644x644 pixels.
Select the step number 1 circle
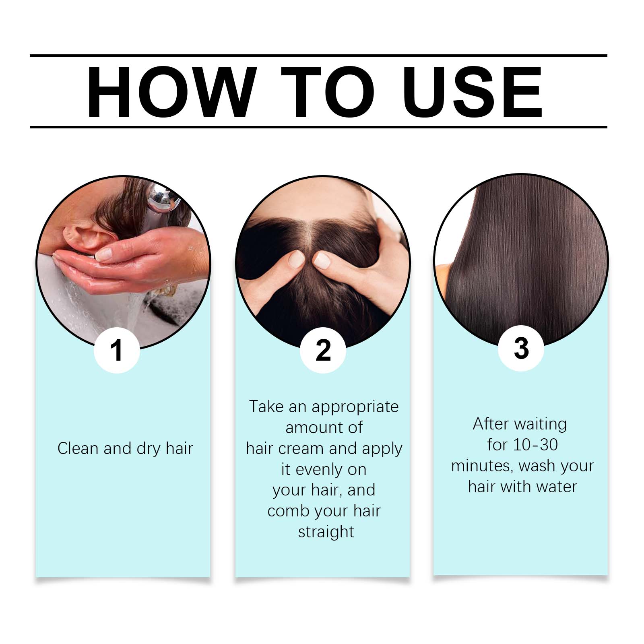[x=117, y=350]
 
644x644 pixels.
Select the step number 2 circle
[x=323, y=350]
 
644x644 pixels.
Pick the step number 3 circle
[x=521, y=348]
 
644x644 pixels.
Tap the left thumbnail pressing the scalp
[x=297, y=259]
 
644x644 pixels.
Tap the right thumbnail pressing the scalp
[x=322, y=260]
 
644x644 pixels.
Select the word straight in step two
[x=326, y=532]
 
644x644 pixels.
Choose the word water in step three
[x=557, y=487]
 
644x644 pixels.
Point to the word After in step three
[x=490, y=424]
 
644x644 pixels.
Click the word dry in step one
[x=149, y=449]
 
